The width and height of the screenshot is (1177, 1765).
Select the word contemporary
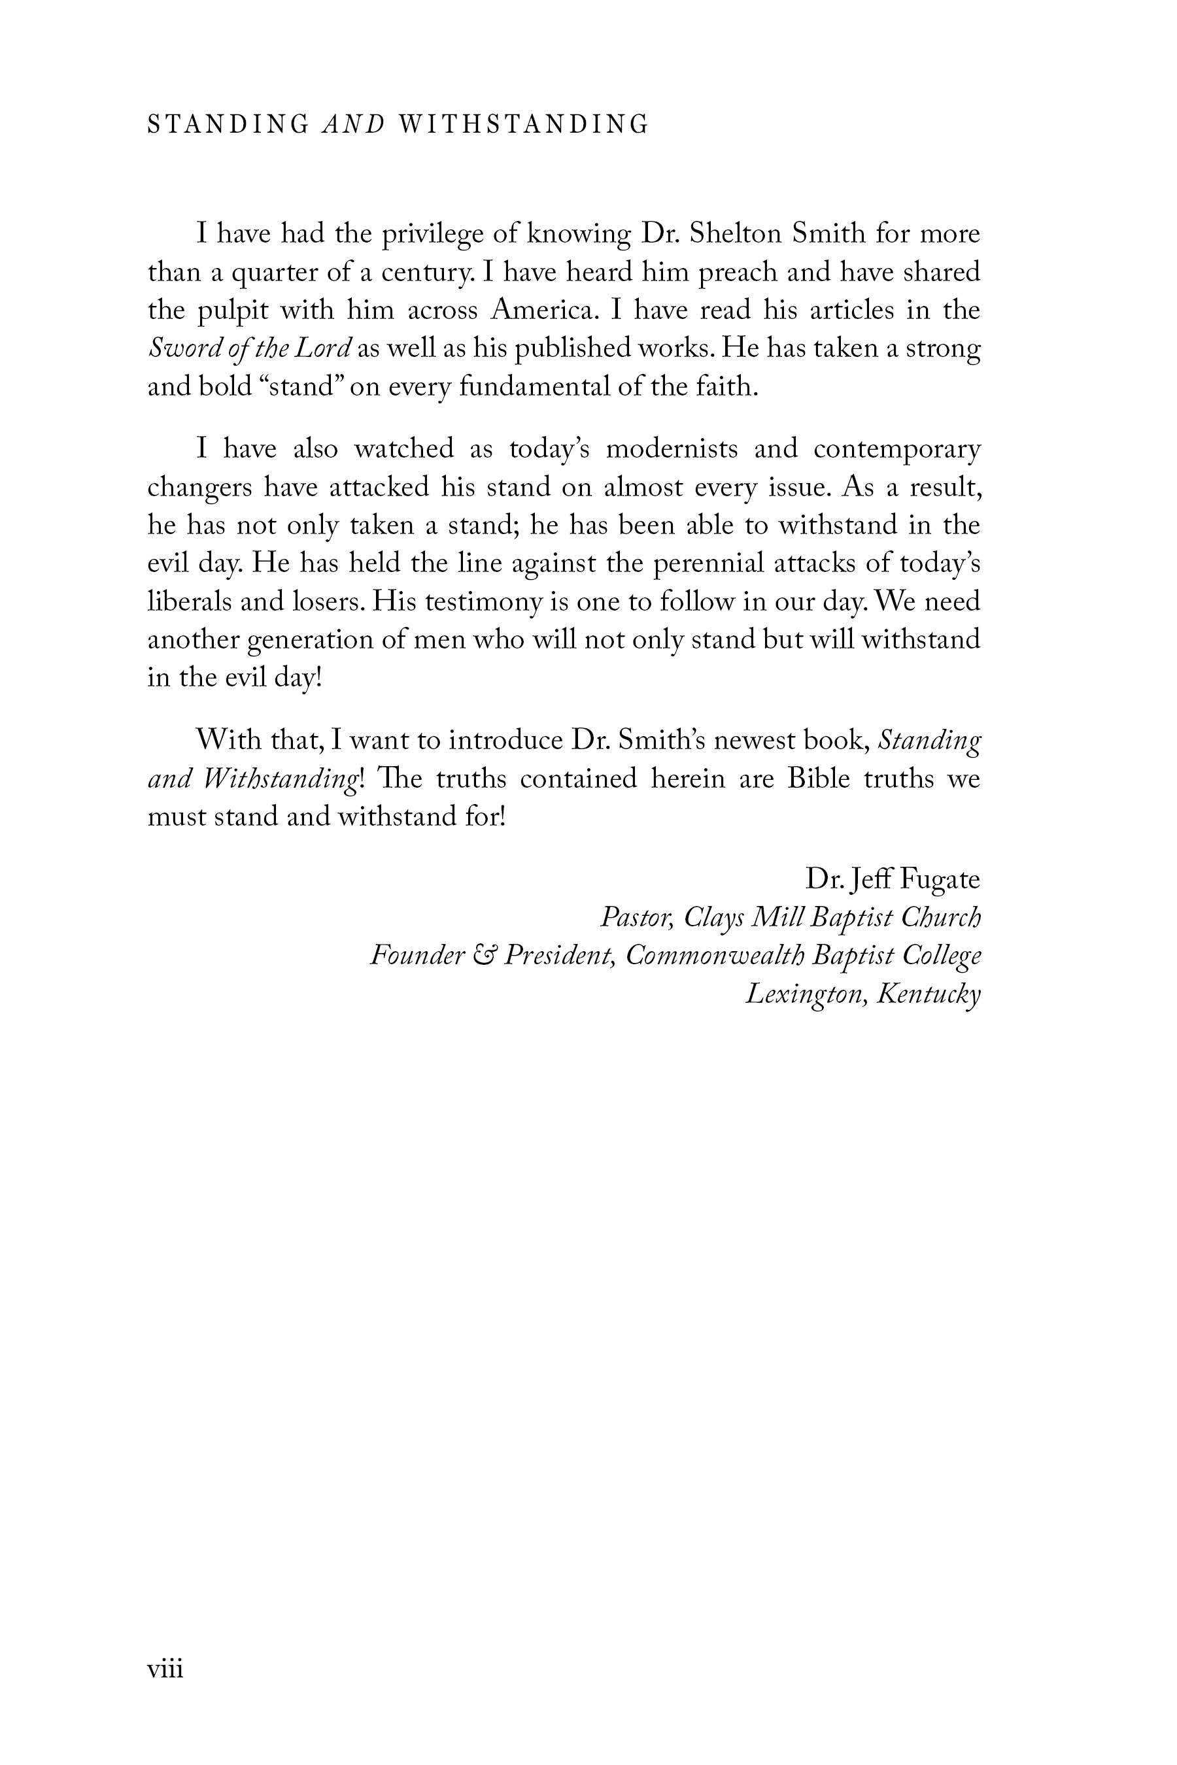(897, 450)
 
